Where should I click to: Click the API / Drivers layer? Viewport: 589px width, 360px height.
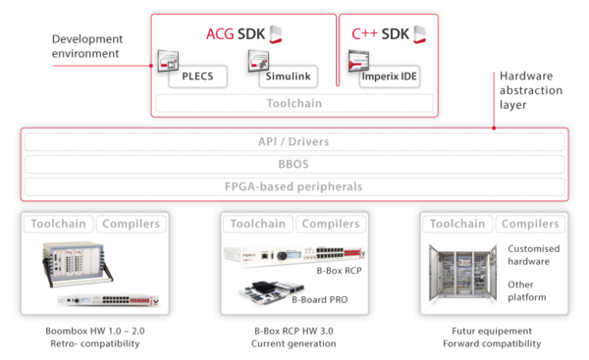pos(294,142)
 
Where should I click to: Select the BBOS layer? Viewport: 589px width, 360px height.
pos(294,164)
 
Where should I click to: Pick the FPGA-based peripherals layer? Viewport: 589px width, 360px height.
pos(294,186)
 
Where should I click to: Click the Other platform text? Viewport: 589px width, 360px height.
pos(528,289)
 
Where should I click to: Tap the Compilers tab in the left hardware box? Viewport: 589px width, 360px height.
pos(133,225)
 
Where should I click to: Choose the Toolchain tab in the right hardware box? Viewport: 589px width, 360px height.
pos(455,225)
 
